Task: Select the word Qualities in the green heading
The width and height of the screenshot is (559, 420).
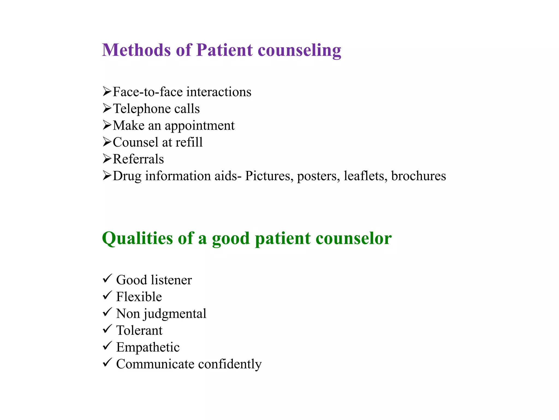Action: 137,238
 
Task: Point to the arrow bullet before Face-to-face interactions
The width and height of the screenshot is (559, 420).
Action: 107,91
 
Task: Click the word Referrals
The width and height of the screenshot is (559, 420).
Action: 138,159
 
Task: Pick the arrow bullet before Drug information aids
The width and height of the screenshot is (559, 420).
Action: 107,175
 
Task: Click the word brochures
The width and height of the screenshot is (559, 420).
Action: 418,176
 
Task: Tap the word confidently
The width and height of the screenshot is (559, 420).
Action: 230,364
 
